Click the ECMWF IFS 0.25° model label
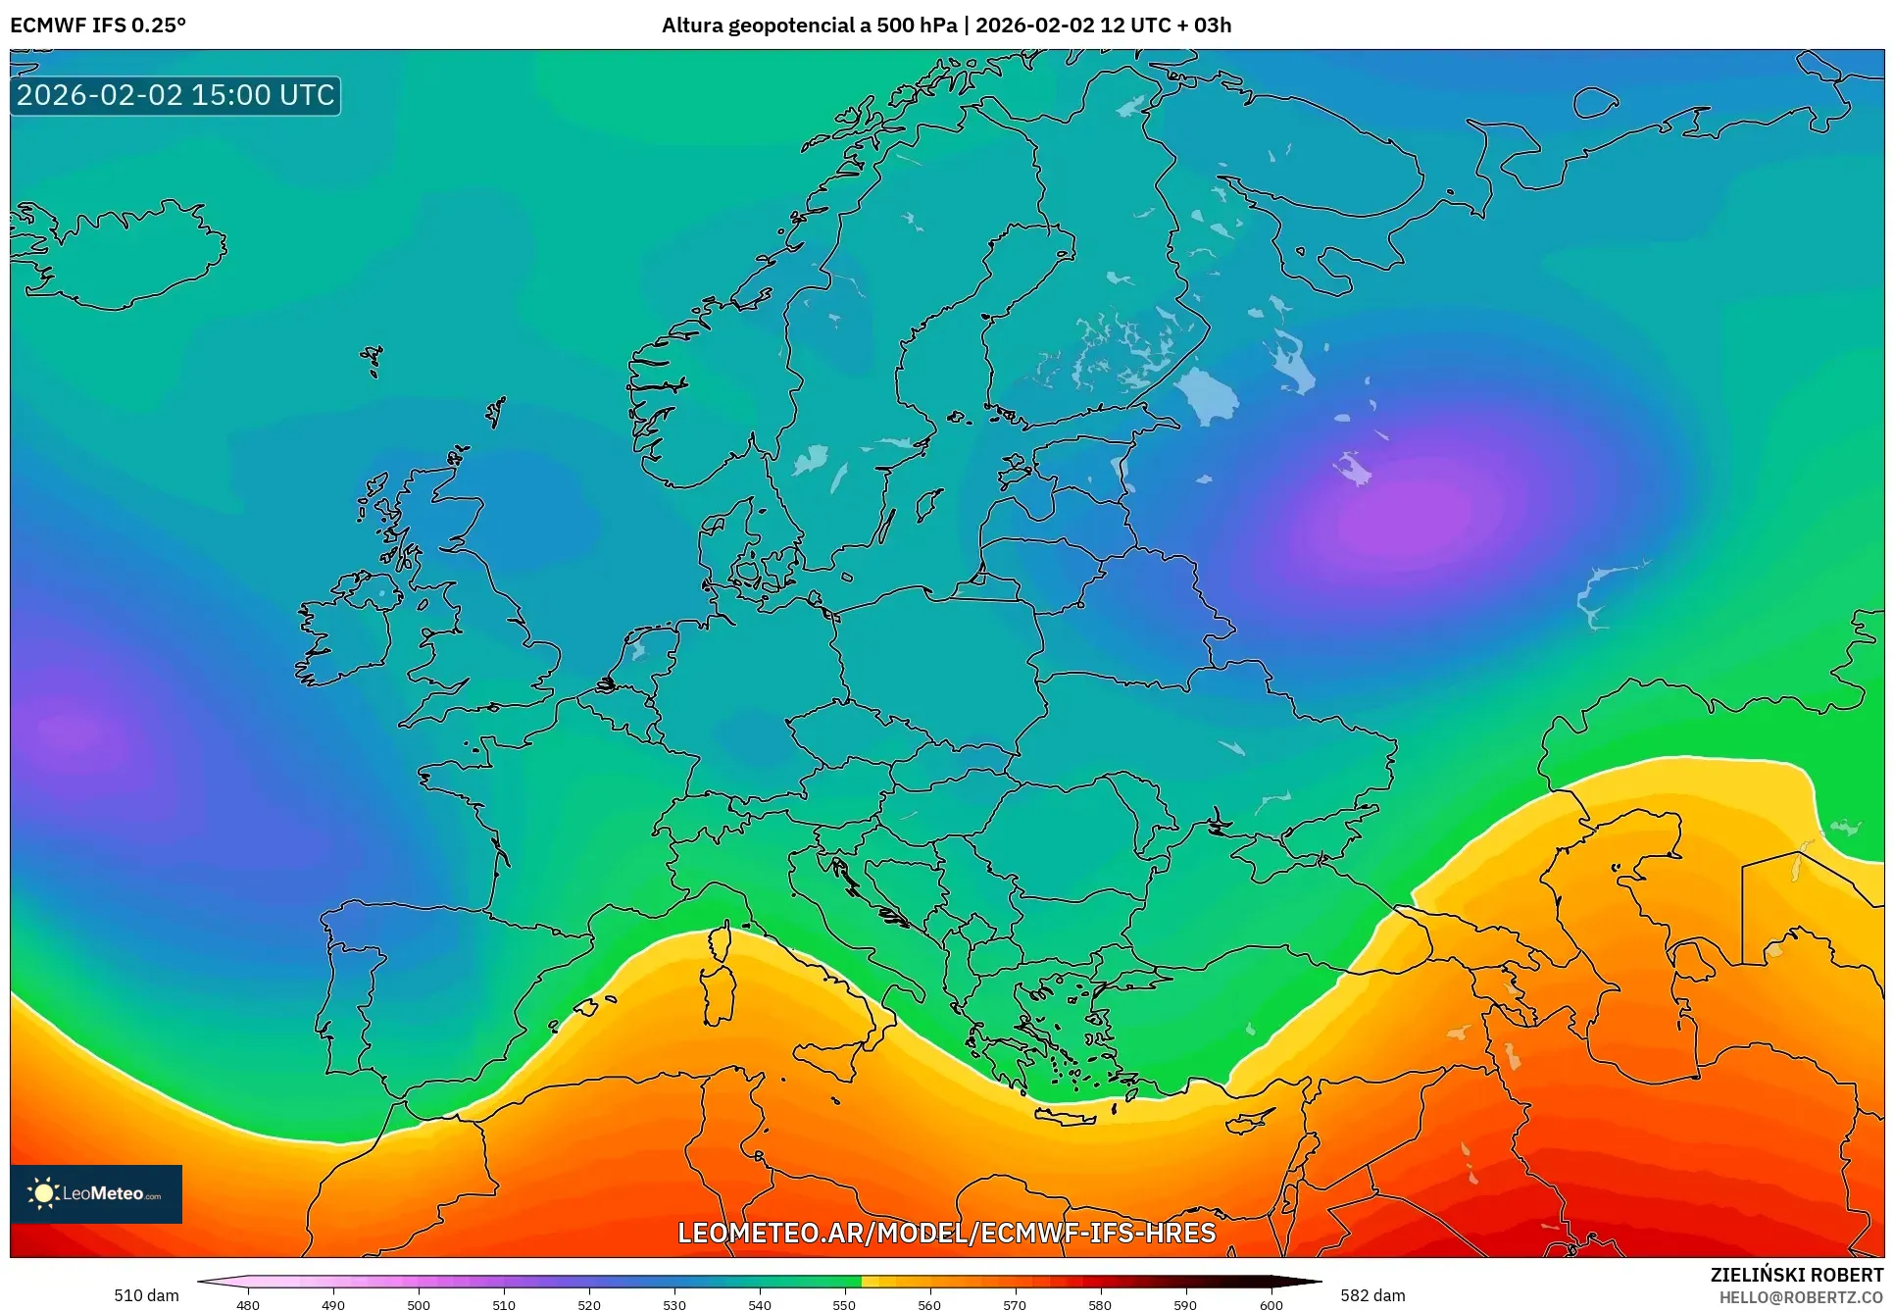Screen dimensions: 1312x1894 pyautogui.click(x=98, y=25)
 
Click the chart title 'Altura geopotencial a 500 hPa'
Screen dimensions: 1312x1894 pyautogui.click(x=809, y=25)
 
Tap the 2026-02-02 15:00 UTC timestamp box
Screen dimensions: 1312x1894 pyautogui.click(x=175, y=95)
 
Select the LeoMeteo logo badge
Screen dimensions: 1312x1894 pyautogui.click(x=96, y=1193)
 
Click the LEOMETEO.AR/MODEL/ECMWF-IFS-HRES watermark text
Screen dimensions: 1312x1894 pyautogui.click(x=946, y=1233)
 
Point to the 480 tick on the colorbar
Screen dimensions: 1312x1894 pyautogui.click(x=248, y=1304)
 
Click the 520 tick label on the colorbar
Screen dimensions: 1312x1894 pyautogui.click(x=589, y=1304)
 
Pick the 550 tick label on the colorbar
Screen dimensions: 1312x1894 pyautogui.click(x=844, y=1304)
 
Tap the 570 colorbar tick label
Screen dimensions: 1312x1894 pyautogui.click(x=1015, y=1304)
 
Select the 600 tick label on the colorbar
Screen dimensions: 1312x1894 pyautogui.click(x=1271, y=1304)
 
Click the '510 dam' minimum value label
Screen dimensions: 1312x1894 pyautogui.click(x=146, y=1295)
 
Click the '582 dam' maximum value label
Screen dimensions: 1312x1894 pyautogui.click(x=1372, y=1295)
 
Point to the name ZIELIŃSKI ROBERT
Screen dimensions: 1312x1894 pyautogui.click(x=1796, y=1275)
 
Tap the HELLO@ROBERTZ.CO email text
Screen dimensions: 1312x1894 pyautogui.click(x=1801, y=1297)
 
